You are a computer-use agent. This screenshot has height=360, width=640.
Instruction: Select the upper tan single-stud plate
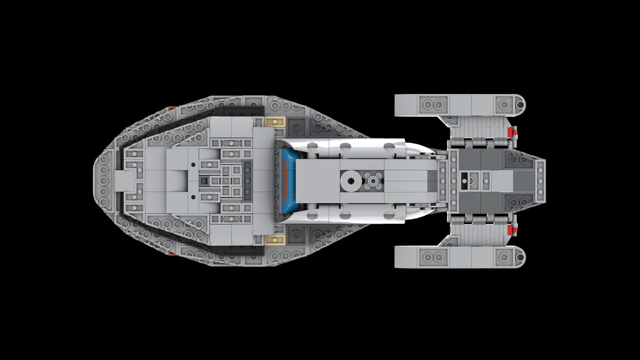[275, 121]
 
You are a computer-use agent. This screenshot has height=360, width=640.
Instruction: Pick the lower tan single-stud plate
[275, 240]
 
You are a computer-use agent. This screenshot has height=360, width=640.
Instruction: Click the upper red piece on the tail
[511, 132]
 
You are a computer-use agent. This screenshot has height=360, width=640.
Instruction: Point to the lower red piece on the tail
[511, 229]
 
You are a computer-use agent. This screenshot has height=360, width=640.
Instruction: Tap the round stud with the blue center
[372, 180]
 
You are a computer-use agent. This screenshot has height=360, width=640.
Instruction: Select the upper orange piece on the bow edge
[171, 108]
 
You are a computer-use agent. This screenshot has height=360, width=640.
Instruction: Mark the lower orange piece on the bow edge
[171, 253]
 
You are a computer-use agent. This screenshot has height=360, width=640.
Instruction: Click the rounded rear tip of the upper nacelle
[520, 105]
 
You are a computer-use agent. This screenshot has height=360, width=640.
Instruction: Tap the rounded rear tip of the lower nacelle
[520, 257]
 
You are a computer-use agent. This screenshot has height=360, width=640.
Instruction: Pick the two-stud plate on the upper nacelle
[433, 105]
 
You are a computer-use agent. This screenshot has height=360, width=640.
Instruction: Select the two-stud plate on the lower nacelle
[433, 257]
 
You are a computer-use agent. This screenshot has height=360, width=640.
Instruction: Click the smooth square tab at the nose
[125, 180]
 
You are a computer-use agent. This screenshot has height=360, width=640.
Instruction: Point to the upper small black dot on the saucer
[193, 164]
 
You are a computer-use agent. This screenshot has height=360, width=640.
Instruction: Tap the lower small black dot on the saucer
[193, 197]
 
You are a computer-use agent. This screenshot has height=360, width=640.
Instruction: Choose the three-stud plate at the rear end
[540, 180]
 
